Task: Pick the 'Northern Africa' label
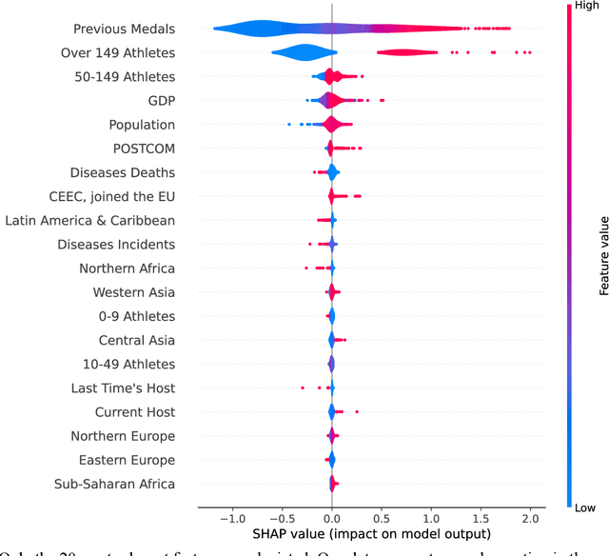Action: pos(128,268)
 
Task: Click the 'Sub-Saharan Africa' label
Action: pos(116,484)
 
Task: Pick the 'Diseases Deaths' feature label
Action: pos(122,172)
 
